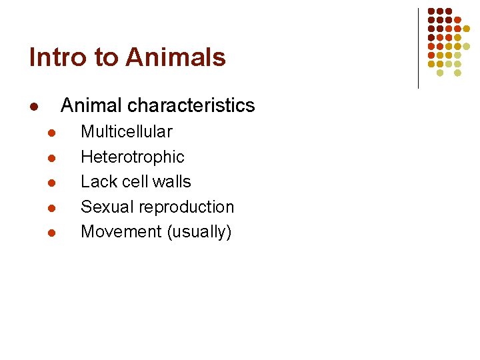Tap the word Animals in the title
[175, 58]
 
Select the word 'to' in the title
[106, 59]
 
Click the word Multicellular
[126, 132]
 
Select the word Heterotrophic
[132, 157]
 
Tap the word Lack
[98, 182]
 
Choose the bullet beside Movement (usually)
[52, 233]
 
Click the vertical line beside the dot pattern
[418, 48]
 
